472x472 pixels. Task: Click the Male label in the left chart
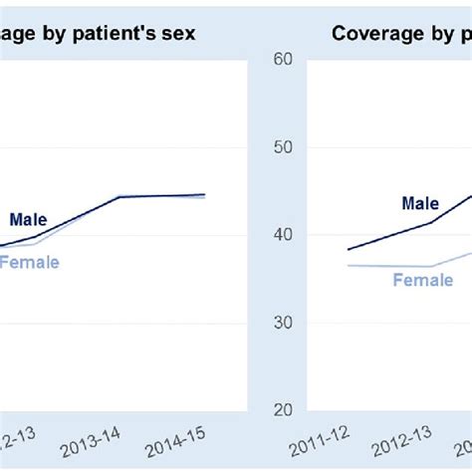[x=29, y=220]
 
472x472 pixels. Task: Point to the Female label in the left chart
[x=30, y=262]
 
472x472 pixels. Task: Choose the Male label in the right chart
[x=420, y=203]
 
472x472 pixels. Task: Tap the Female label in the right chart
[x=422, y=280]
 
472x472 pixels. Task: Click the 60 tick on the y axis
[x=283, y=60]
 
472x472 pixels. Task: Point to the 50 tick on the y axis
[x=283, y=147]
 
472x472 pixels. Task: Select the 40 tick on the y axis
[x=283, y=235]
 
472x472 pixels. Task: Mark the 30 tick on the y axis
[x=283, y=323]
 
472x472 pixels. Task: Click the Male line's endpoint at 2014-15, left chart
[x=205, y=194]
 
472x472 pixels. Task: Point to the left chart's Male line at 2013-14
[x=119, y=197]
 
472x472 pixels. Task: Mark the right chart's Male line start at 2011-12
[x=348, y=249]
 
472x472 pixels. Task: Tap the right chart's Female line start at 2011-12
[x=348, y=265]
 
